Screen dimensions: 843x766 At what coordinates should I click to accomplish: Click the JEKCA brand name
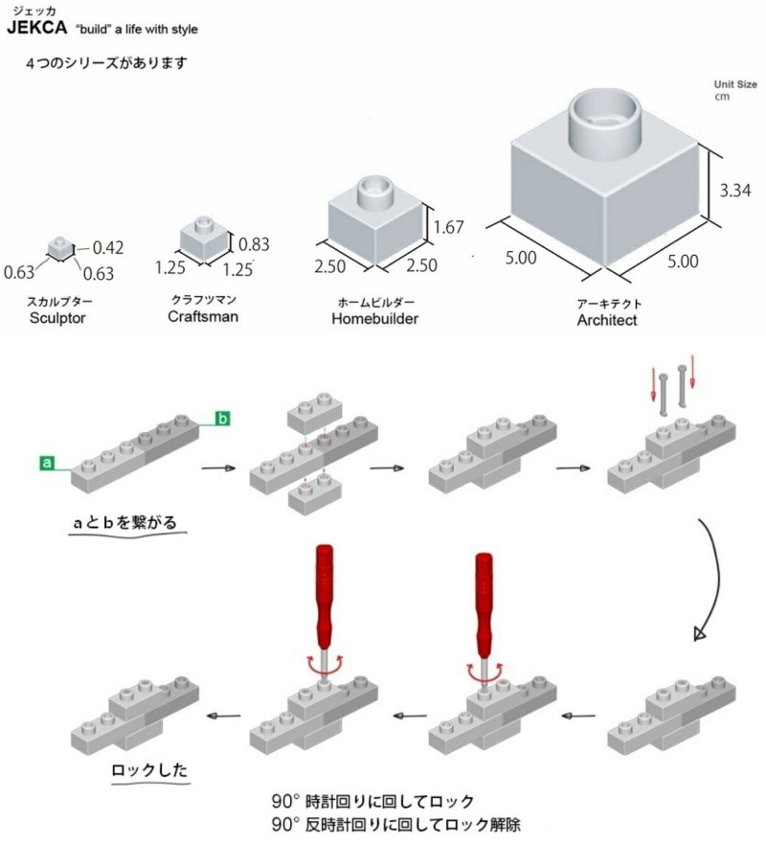pyautogui.click(x=35, y=29)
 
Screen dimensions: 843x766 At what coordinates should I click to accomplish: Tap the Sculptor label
pyautogui.click(x=57, y=317)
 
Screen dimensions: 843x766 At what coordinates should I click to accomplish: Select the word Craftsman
pyautogui.click(x=203, y=316)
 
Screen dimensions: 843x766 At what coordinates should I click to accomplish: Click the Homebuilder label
pyautogui.click(x=374, y=318)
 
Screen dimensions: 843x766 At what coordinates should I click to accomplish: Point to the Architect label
pyautogui.click(x=607, y=320)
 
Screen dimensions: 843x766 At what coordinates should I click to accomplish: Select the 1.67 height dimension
pyautogui.click(x=448, y=227)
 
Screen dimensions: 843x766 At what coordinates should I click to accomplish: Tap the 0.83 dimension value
pyautogui.click(x=253, y=243)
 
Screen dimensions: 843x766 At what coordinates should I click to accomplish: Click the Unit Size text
pyautogui.click(x=735, y=84)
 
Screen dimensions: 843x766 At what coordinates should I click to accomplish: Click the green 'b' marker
pyautogui.click(x=222, y=418)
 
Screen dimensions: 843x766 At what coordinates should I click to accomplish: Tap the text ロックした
pyautogui.click(x=150, y=768)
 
